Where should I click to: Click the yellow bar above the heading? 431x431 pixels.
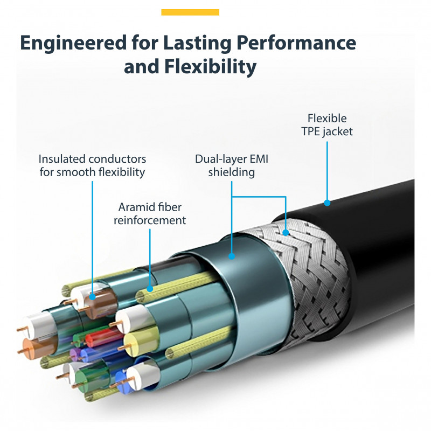point(190,12)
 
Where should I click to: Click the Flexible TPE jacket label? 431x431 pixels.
point(327,124)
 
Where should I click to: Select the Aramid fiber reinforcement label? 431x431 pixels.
point(150,213)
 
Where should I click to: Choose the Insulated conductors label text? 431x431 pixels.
point(92,165)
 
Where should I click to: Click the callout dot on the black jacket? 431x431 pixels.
point(327,203)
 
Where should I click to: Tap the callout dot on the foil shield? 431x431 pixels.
point(232,256)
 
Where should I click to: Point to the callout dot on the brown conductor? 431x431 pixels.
point(93,296)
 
